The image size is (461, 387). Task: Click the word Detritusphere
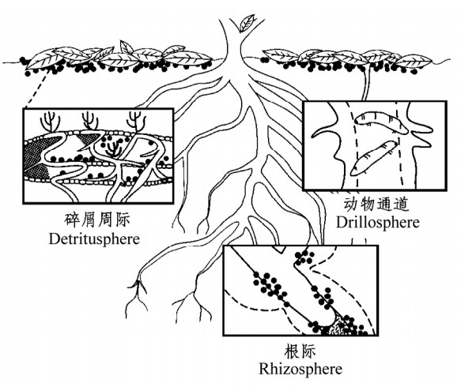point(94,239)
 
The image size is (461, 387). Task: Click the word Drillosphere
point(378,222)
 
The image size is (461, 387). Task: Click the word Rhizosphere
point(300,369)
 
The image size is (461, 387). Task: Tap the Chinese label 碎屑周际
point(97,220)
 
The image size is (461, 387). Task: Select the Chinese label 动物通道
point(376,204)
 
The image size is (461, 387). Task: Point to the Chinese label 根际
point(300,351)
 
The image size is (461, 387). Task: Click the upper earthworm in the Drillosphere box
point(380,122)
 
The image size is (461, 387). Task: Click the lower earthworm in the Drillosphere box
point(372,159)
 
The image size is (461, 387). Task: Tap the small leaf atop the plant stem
point(247,23)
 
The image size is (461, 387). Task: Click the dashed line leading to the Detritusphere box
point(36,88)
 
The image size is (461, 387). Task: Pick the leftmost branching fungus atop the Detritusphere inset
point(51,122)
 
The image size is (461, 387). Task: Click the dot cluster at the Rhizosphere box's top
point(304,257)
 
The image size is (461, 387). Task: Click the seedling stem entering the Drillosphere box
point(366,83)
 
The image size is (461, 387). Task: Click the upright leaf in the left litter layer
point(127,47)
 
